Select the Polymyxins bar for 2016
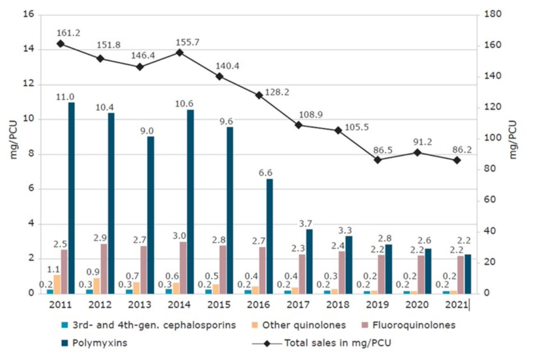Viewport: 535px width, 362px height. point(269,236)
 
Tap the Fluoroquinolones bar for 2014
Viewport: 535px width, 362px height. point(183,267)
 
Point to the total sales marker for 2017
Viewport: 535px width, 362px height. point(298,125)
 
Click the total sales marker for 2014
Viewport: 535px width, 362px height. point(180,52)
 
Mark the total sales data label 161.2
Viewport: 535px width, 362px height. point(68,33)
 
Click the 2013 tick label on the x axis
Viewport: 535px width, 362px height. point(139,304)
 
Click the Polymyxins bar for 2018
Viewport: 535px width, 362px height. point(348,264)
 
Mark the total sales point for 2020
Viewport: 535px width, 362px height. point(417,152)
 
